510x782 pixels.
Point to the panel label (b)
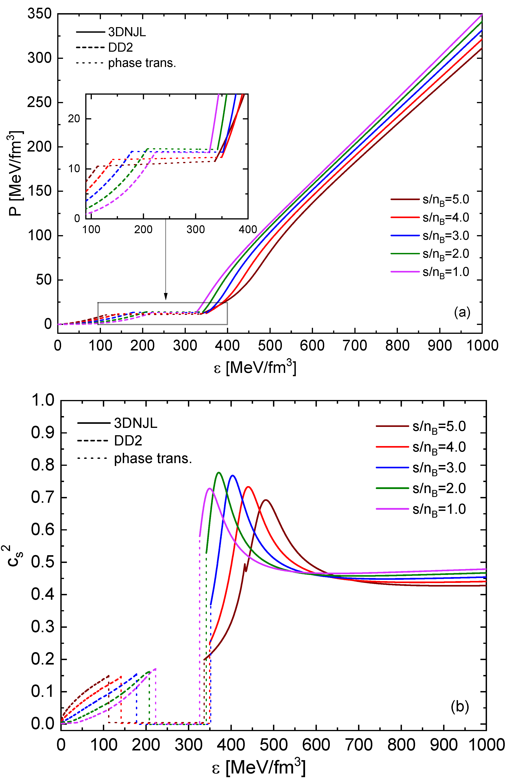click(x=460, y=706)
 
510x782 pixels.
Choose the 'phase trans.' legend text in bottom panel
click(x=153, y=458)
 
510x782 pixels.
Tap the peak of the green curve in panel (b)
click(x=219, y=473)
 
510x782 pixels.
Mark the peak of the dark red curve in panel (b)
click(x=266, y=500)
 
